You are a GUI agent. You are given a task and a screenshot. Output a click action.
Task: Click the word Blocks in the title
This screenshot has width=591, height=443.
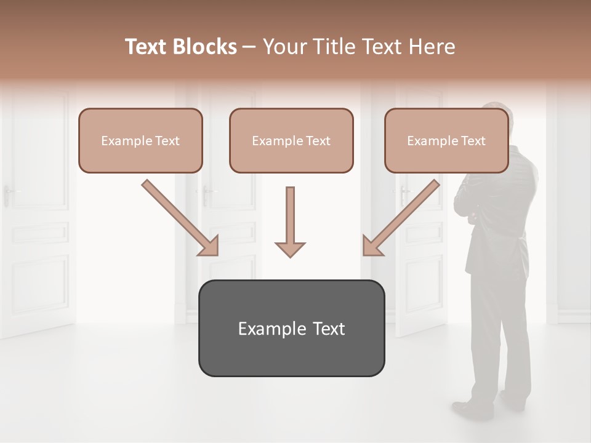pyautogui.click(x=204, y=47)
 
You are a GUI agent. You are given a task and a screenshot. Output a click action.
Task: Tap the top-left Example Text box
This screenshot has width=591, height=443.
pyautogui.click(x=140, y=140)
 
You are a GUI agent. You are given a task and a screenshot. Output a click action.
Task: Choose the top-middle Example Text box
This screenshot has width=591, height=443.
pyautogui.click(x=291, y=140)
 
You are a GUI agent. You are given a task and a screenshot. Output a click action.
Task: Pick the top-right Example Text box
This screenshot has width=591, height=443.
pyautogui.click(x=446, y=140)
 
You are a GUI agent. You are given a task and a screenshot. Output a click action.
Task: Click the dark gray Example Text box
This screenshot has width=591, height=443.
pyautogui.click(x=291, y=328)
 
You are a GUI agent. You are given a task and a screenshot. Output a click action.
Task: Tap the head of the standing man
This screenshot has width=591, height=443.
pyautogui.click(x=496, y=123)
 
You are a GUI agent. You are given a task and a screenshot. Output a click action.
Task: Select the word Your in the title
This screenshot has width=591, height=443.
pyautogui.click(x=281, y=47)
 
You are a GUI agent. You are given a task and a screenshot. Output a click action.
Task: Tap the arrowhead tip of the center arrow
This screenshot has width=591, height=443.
pyautogui.click(x=290, y=255)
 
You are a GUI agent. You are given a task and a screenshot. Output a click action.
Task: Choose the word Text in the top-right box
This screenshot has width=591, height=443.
pyautogui.click(x=473, y=141)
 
